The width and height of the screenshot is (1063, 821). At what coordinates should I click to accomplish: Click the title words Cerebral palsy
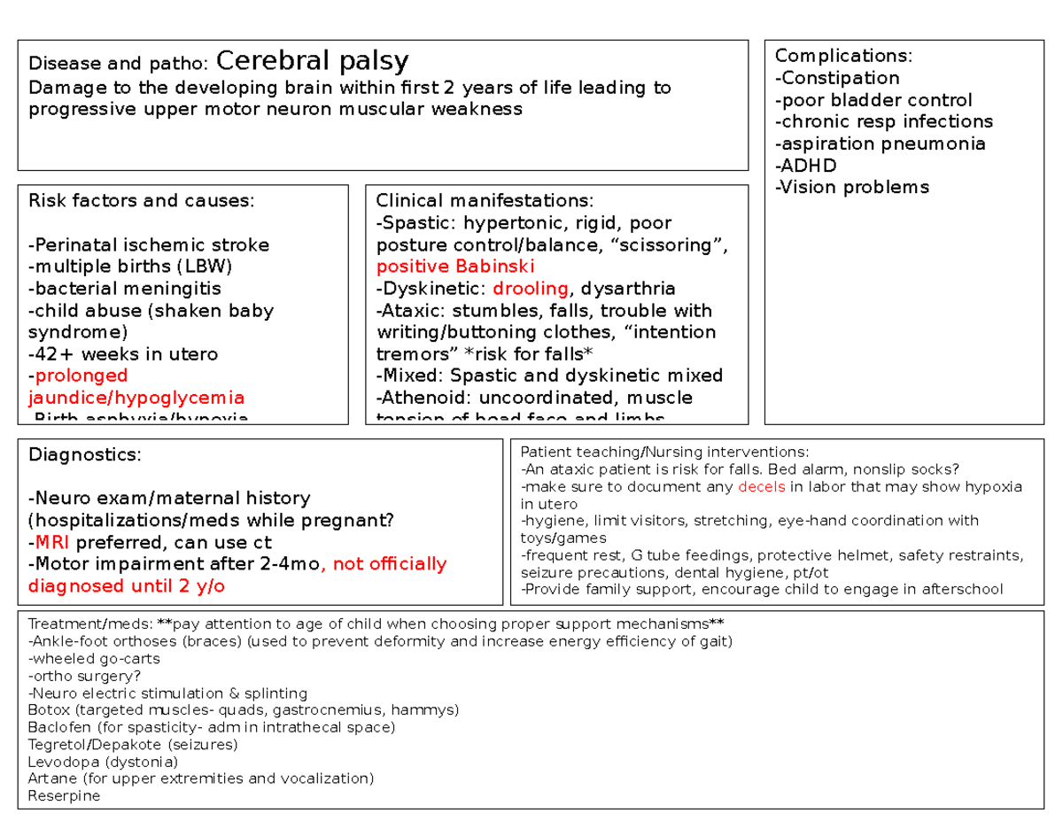tap(313, 61)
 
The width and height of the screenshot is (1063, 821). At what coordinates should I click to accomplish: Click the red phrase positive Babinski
tap(455, 267)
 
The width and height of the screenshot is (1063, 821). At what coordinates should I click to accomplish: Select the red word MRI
tap(49, 542)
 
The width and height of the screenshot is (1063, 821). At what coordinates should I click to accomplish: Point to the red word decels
tap(761, 486)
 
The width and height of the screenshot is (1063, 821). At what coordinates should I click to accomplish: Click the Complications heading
tap(843, 56)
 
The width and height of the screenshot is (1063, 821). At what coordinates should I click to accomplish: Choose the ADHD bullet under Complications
tap(806, 165)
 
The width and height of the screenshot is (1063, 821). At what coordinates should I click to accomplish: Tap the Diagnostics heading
tap(84, 454)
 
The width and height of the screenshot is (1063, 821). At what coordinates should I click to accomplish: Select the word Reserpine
tap(65, 795)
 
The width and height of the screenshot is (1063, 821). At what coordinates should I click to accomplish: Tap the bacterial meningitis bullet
tap(125, 289)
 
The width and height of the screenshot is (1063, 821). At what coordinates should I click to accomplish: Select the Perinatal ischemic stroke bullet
tap(149, 244)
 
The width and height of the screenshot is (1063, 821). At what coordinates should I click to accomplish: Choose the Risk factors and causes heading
tap(141, 200)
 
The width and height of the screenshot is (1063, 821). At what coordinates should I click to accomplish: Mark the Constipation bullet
tap(837, 77)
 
